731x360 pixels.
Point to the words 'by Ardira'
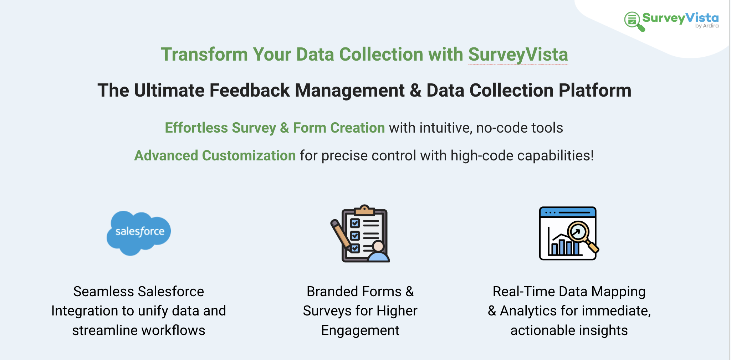[x=707, y=26]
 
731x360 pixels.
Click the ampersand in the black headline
[x=415, y=91]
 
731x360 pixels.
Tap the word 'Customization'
[x=249, y=156]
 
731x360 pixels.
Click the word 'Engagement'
[x=360, y=331]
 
